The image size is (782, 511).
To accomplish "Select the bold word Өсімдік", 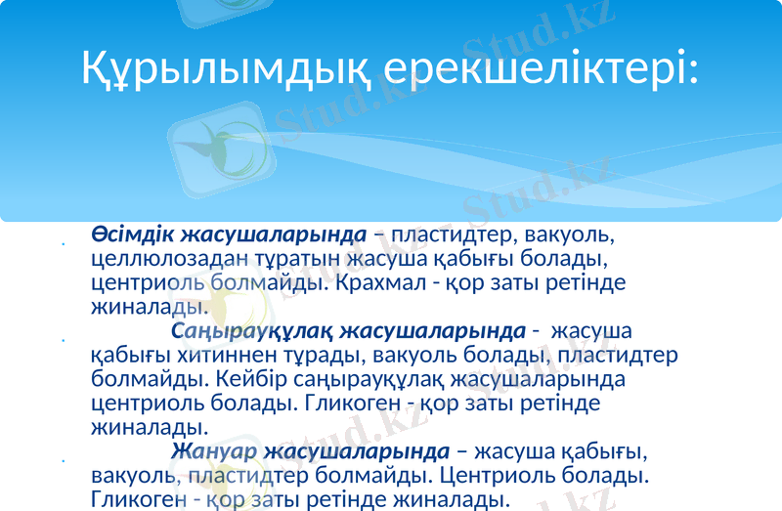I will tap(131, 235).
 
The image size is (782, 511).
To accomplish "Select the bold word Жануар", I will tap(213, 452).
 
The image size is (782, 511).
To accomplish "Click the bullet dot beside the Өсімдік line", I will tap(63, 244).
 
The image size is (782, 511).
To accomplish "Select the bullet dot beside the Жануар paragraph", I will tap(63, 461).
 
